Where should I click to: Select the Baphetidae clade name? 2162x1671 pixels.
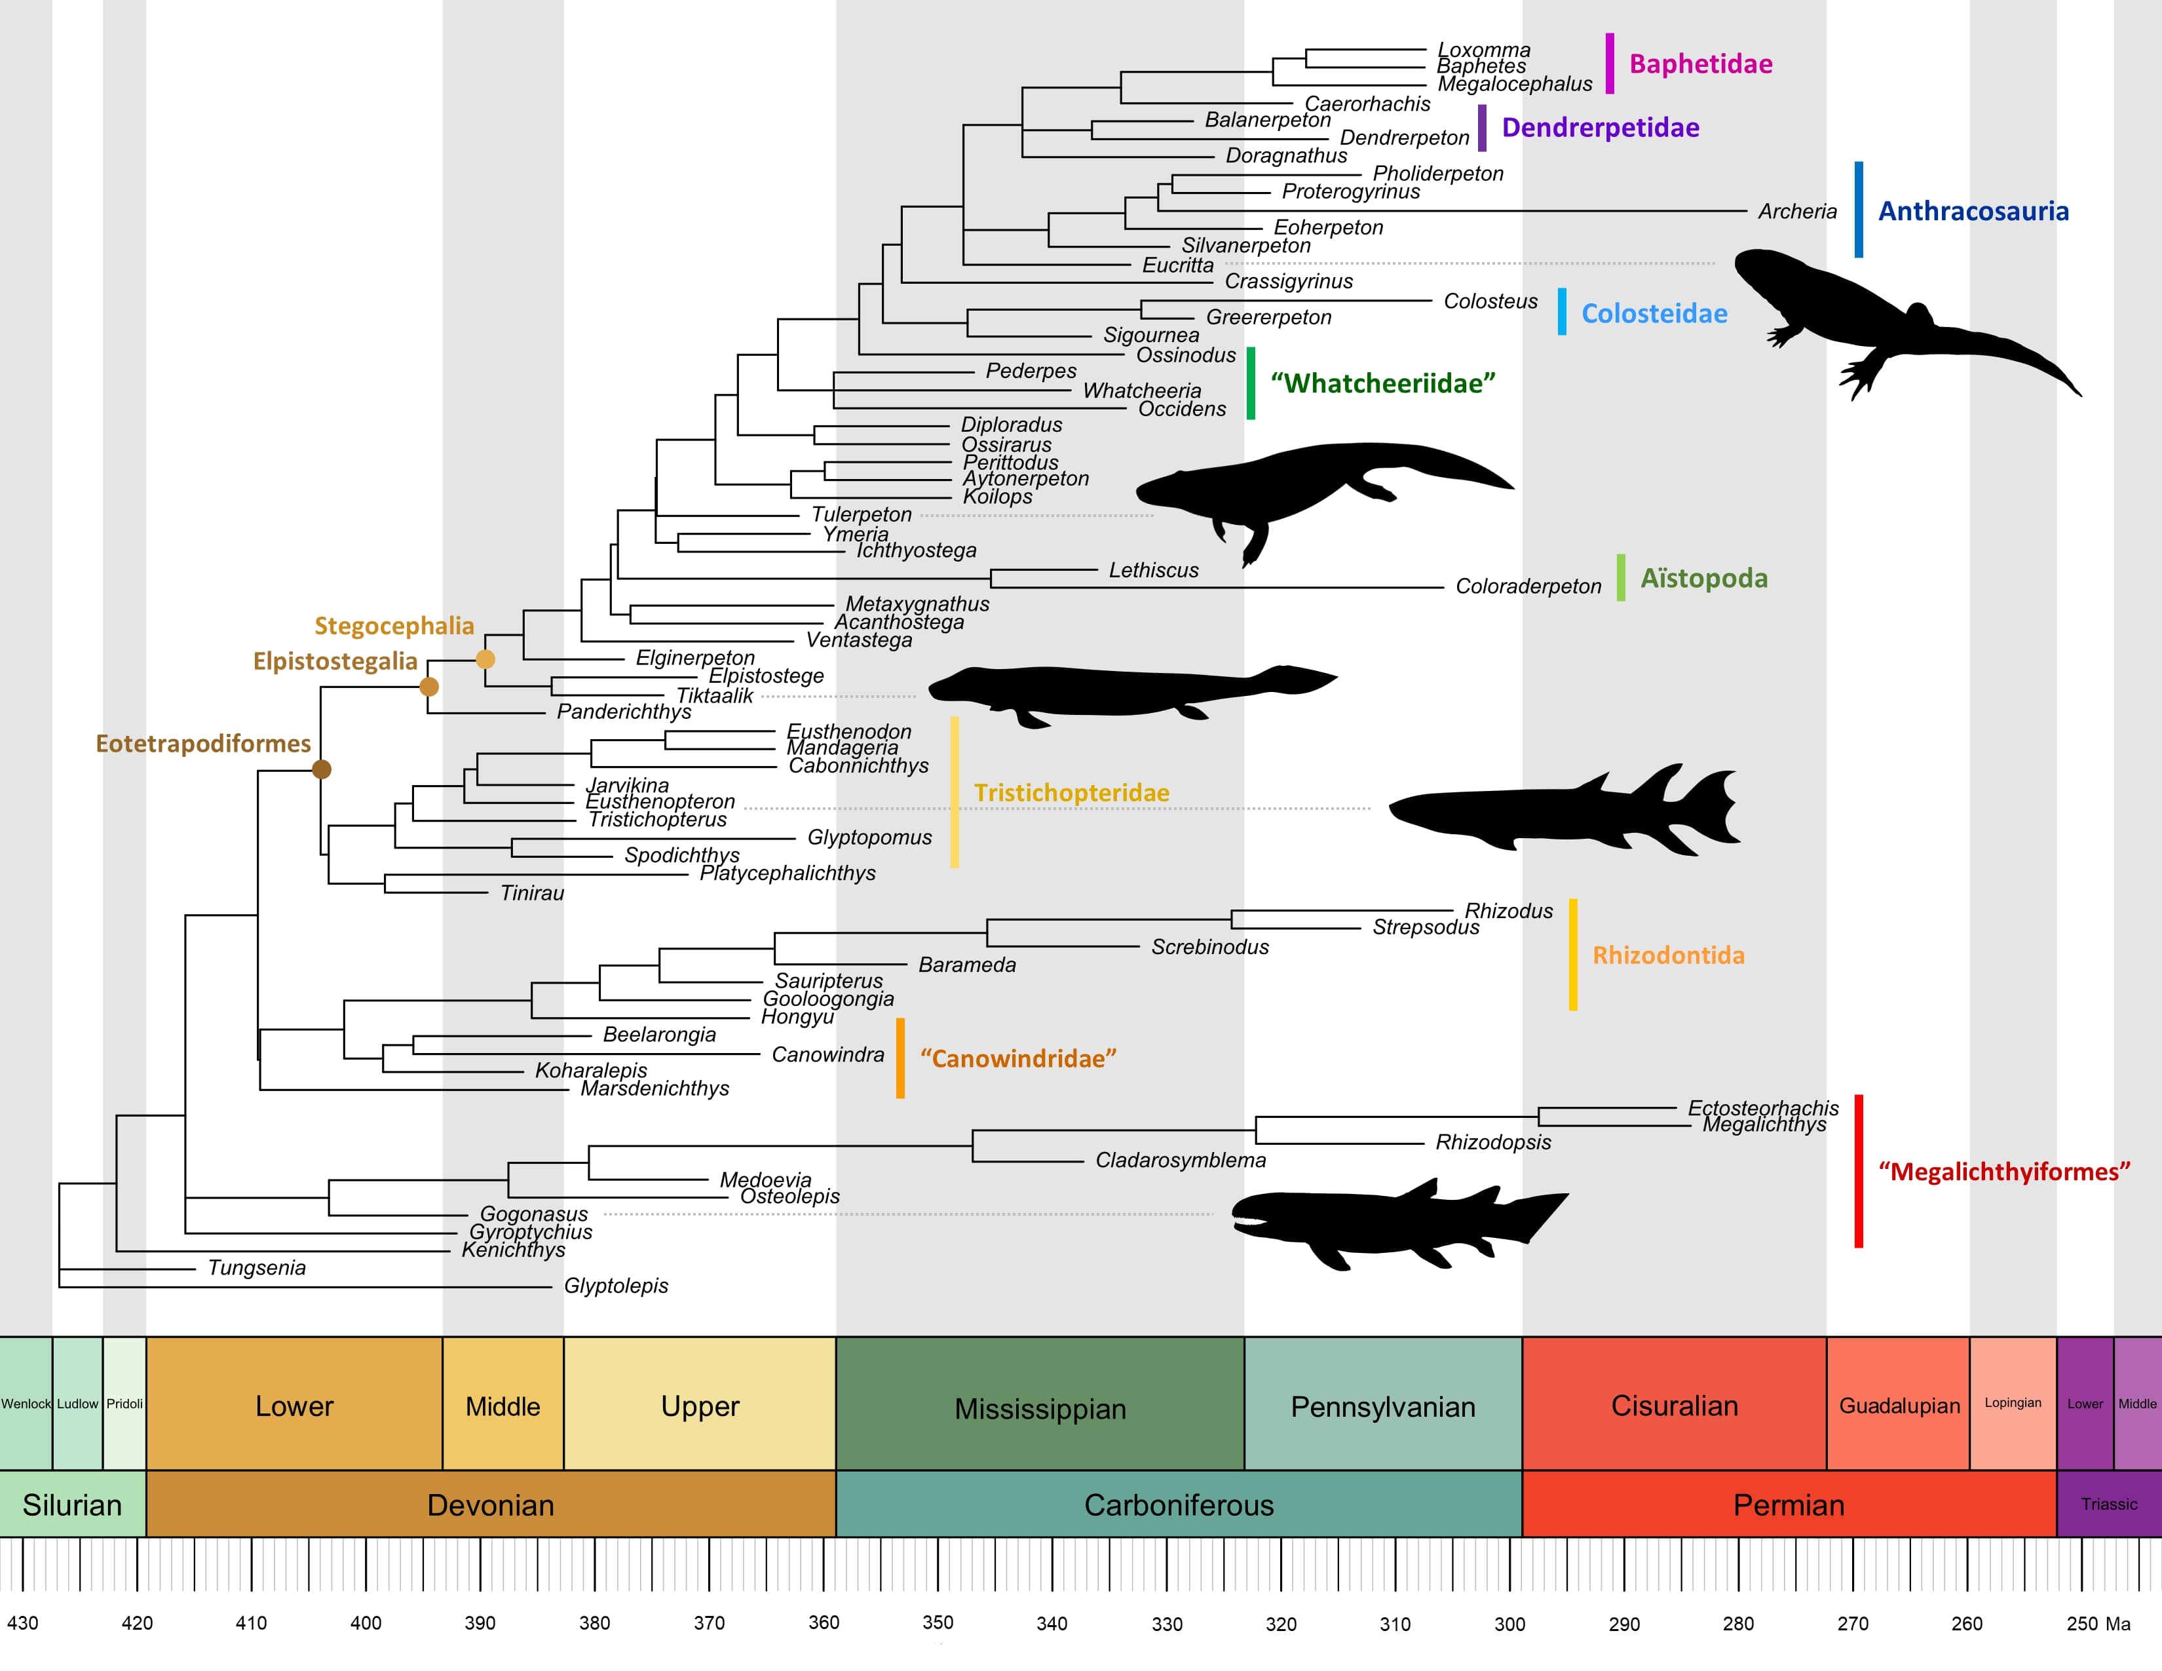(1701, 64)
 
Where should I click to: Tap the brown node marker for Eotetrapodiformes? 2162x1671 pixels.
(322, 769)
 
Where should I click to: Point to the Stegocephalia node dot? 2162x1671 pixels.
(485, 659)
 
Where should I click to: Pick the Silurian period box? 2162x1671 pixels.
(72, 1505)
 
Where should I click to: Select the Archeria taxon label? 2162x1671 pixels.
(1796, 212)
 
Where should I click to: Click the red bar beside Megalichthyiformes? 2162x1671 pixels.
(1858, 1171)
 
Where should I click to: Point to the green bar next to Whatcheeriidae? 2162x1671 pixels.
(1250, 383)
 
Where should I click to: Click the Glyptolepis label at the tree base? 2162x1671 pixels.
(616, 1286)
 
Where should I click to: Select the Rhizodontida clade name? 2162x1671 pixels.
(1668, 955)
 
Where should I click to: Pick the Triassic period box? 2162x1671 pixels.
(2108, 1505)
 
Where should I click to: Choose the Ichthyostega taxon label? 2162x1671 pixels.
(916, 550)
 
